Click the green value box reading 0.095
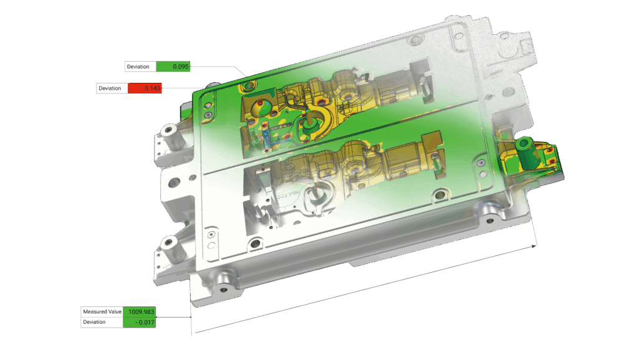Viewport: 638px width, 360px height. click(x=173, y=66)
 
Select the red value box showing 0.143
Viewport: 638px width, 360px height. click(x=145, y=88)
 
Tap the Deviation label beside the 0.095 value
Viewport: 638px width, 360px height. click(x=138, y=67)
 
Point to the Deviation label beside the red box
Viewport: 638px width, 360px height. click(x=110, y=88)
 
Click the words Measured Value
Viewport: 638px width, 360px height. click(x=102, y=311)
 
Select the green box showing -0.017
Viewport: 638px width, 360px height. click(x=139, y=322)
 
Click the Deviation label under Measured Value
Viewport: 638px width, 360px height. click(x=94, y=322)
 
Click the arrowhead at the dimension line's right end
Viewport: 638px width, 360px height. click(x=534, y=246)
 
